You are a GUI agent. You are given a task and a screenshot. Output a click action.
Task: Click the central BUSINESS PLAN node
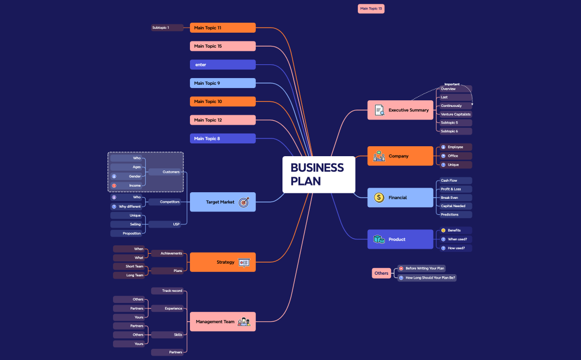318,174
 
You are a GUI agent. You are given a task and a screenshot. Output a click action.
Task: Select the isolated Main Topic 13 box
371,9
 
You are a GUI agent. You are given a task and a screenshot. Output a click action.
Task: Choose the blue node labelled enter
223,65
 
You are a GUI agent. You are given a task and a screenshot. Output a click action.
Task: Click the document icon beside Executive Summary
379,110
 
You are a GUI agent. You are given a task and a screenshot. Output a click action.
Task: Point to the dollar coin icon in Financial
379,198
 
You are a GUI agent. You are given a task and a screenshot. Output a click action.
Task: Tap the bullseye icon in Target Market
244,202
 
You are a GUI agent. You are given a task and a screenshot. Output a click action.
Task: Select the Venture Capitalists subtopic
455,114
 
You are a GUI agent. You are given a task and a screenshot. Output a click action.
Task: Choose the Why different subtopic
130,207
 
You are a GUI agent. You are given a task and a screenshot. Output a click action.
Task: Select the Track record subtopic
167,291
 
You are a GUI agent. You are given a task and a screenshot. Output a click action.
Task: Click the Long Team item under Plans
129,275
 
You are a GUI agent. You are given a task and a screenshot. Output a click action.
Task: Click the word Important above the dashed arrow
452,84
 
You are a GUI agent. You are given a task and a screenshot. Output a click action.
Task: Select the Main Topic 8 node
223,138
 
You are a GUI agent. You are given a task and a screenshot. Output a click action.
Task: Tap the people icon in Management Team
244,322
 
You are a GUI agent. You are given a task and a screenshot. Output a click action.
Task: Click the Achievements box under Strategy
167,253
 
